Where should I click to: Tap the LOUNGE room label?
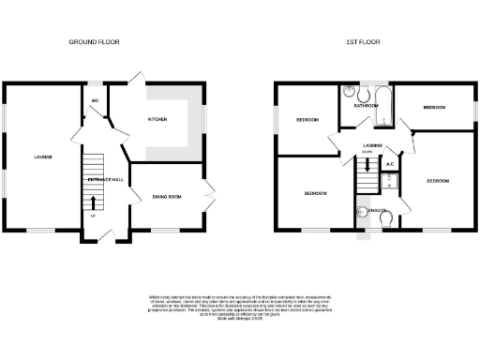(43, 157)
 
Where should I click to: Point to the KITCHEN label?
(157, 120)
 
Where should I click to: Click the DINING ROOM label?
(165, 196)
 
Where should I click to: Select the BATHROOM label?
(365, 107)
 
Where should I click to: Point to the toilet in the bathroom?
(349, 94)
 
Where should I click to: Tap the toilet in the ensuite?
(386, 218)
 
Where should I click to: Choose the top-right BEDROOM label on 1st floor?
(433, 108)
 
